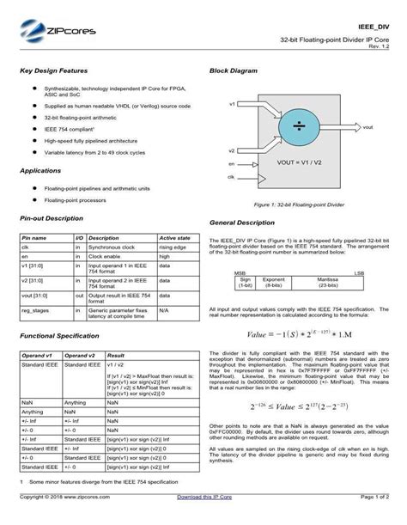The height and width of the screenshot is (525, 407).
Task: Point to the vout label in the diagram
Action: (368, 126)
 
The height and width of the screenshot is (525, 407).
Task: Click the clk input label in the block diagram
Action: (232, 177)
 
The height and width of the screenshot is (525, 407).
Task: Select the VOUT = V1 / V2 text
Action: (299, 161)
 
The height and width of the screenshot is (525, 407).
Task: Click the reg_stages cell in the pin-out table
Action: (34, 309)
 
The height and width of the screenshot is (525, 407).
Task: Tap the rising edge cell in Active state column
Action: (173, 247)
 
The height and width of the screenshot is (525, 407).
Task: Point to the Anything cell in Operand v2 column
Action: (76, 402)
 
